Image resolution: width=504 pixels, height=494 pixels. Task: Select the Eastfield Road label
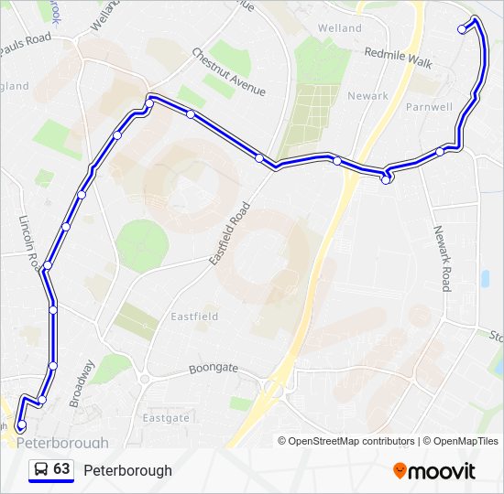coord(229,234)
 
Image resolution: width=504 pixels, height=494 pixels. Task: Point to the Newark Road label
coord(443,258)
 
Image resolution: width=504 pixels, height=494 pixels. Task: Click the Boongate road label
coord(213,369)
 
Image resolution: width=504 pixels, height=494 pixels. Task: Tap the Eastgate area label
coord(166,417)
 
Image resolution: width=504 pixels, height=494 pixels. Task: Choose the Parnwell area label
coord(429,107)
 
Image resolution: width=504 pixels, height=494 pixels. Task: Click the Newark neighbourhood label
coord(367,96)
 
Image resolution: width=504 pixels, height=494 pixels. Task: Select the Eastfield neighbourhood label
coord(194,317)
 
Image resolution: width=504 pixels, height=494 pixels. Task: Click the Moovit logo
coord(434,471)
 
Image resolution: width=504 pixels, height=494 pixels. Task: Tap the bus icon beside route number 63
coord(40,469)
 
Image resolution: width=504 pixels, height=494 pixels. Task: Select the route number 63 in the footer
coord(61,469)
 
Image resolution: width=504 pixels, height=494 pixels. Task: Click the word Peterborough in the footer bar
coord(127,470)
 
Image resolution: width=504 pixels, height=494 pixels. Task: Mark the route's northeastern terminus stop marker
coord(463,29)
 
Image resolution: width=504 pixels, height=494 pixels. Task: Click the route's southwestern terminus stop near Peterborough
coord(21,424)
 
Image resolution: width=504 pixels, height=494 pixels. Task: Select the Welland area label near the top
coord(339,28)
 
